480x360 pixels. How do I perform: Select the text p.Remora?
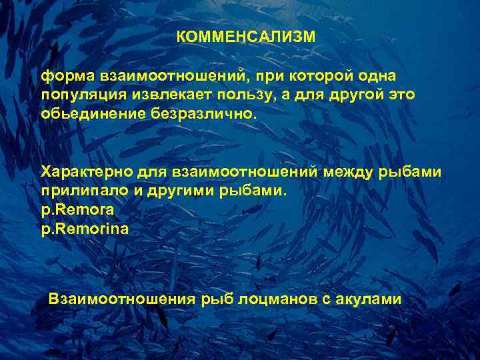pos(77,209)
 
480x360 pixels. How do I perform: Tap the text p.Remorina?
pos(85,228)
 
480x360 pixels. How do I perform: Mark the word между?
pos(350,173)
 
